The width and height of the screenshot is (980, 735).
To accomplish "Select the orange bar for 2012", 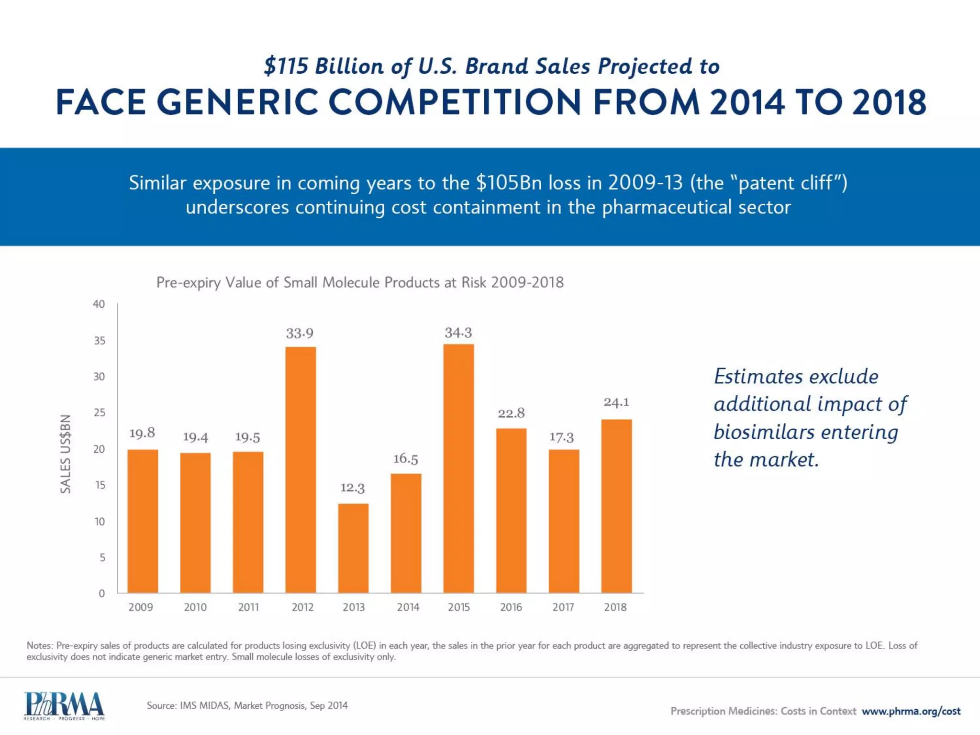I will point(301,469).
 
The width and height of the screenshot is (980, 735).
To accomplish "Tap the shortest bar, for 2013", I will point(353,548).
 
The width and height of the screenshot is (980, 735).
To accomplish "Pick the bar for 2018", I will point(616,506).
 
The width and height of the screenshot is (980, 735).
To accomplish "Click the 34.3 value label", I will point(458,333).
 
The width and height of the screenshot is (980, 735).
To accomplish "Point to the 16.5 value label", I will point(405,459).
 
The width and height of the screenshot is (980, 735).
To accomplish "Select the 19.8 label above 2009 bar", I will point(142,433).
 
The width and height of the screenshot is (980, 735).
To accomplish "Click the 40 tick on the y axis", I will point(99,304).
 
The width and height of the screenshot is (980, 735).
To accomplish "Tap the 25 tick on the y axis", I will point(99,412).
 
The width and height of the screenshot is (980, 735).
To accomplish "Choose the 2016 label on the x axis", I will point(511,607).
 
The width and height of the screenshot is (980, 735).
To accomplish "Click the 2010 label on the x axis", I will point(195,607).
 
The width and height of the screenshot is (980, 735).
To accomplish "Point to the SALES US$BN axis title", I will point(66,454).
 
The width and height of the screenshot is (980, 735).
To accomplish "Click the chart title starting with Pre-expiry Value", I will point(360,282).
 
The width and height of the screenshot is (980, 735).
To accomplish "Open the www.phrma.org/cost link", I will point(911,711).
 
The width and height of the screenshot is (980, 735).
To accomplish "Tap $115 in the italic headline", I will point(286,66).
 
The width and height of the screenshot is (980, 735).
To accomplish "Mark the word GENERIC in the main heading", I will point(237,102).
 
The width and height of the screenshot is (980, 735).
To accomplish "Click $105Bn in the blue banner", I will point(509,183).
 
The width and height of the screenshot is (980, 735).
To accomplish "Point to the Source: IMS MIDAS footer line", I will point(247,705).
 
